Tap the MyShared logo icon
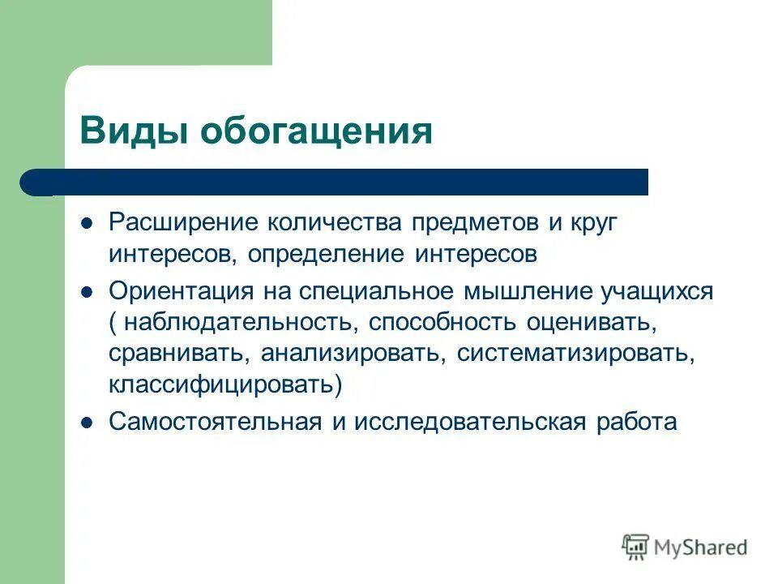point(636,547)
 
